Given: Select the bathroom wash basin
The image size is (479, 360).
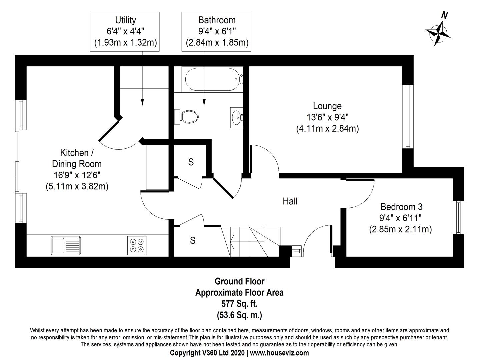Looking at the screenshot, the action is (x=237, y=117).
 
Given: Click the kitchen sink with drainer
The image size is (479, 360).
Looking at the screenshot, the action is (x=66, y=245).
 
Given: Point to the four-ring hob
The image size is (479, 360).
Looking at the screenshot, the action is (x=137, y=245).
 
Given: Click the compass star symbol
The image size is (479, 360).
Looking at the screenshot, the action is (x=438, y=34).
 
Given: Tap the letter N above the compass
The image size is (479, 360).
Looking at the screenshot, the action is (x=445, y=15).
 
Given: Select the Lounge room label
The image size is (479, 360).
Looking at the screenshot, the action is (x=327, y=106).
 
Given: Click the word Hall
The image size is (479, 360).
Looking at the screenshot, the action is (x=290, y=201).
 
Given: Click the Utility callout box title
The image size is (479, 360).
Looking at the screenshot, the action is (x=125, y=20).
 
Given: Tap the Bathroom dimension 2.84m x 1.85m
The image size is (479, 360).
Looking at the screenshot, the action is (x=217, y=43).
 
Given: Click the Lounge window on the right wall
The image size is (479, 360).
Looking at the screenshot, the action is (x=408, y=117).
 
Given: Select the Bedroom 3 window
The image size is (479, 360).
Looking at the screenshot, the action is (x=458, y=217).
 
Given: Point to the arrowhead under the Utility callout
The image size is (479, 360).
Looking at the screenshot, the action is (x=142, y=102).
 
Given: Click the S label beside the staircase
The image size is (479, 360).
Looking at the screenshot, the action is (x=192, y=240).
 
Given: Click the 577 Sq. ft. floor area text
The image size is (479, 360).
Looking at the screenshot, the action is (x=239, y=304).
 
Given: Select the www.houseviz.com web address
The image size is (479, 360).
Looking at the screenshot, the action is (x=279, y=353).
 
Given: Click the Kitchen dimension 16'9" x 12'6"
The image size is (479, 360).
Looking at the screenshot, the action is (x=77, y=175).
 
